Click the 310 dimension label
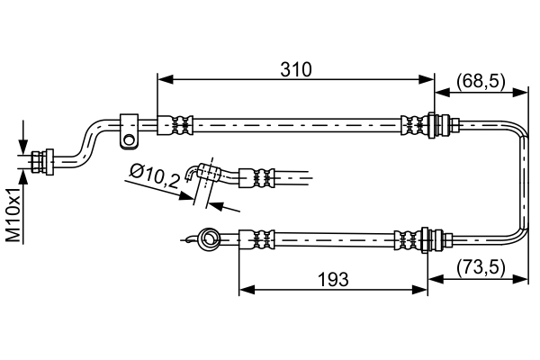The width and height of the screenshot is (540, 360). click(296, 69)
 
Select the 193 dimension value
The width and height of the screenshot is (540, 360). click(333, 279)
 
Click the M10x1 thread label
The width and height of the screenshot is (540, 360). click(14, 214)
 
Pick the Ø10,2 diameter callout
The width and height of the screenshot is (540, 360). click(155, 176)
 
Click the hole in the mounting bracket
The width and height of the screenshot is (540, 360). click(129, 140)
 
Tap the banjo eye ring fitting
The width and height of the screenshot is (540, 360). click(209, 238)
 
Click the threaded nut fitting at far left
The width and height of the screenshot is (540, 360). click(42, 162)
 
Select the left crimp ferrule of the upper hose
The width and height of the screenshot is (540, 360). click(175, 125)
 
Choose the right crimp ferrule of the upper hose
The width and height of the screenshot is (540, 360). click(414, 125)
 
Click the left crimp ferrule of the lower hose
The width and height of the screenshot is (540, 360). click(256, 239)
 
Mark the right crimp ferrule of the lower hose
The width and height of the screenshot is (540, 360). click(408, 239)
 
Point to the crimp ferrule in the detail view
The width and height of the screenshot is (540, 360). click(256, 178)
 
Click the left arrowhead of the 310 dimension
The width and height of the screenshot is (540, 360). click(165, 80)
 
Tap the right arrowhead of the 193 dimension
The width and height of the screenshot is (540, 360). click(419, 290)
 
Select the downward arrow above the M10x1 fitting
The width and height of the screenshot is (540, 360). click(23, 147)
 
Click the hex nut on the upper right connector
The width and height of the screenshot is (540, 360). click(454, 124)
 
